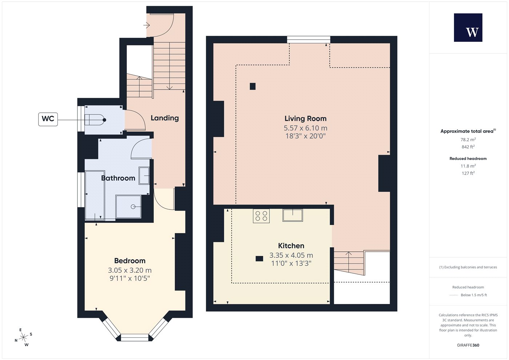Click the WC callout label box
(x=48, y=119)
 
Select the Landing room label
(x=165, y=118)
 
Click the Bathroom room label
(x=118, y=178)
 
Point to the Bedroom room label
(x=130, y=261)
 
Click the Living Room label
(x=305, y=119)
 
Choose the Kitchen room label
(x=291, y=246)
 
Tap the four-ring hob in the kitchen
(x=261, y=216)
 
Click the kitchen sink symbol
(x=293, y=215)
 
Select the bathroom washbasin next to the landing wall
(x=144, y=175)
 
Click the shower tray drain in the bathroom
(x=133, y=207)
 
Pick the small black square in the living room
(x=252, y=87)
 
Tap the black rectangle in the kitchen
(x=259, y=259)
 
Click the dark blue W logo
(x=468, y=28)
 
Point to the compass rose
(x=23, y=337)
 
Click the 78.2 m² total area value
(x=468, y=140)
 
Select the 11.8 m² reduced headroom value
(x=468, y=166)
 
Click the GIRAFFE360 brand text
(x=468, y=345)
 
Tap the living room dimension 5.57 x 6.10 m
(x=305, y=128)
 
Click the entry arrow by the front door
(x=146, y=25)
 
